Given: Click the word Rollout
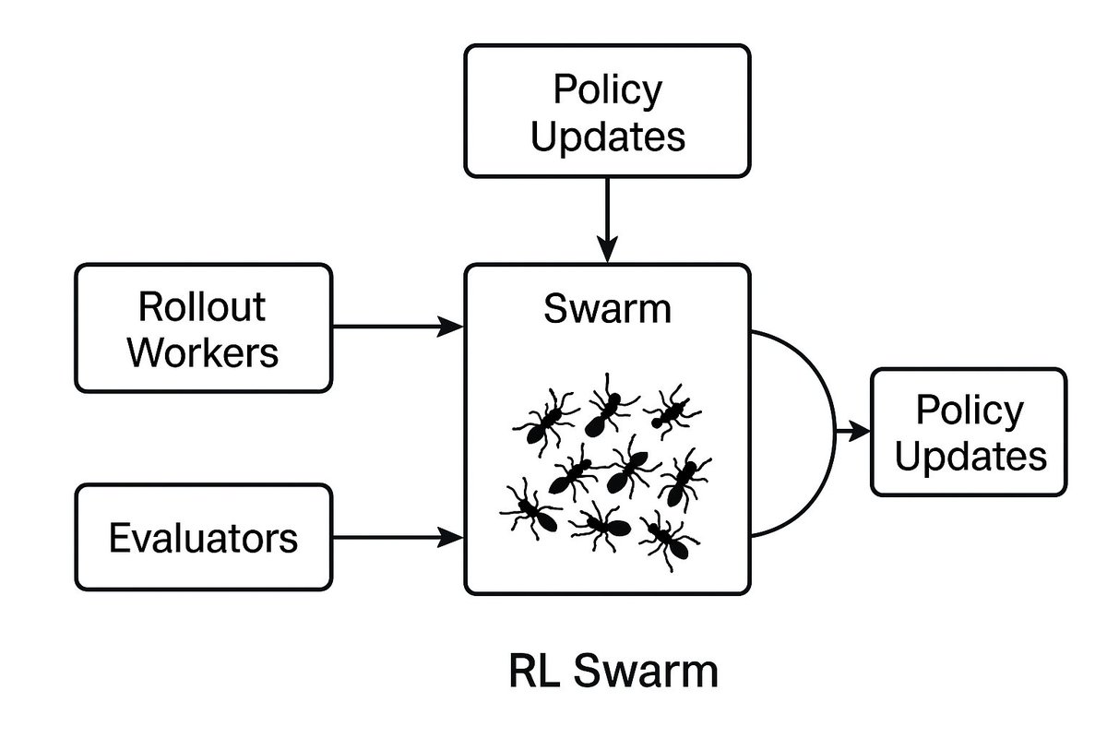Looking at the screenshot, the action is pyautogui.click(x=202, y=306).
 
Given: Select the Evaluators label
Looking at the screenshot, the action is pyautogui.click(x=203, y=538).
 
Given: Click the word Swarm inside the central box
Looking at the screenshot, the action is pyautogui.click(x=607, y=309).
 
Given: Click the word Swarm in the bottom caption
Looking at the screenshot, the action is pyautogui.click(x=646, y=671).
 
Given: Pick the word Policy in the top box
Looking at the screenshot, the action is pyautogui.click(x=607, y=90).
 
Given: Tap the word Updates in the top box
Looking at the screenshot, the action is pyautogui.click(x=607, y=137).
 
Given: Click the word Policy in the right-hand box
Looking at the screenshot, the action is pyautogui.click(x=970, y=411).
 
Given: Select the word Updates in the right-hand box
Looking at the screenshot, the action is pyautogui.click(x=970, y=456).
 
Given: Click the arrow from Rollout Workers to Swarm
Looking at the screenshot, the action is pyautogui.click(x=398, y=327).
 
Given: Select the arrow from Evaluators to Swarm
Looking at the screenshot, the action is pyautogui.click(x=398, y=537).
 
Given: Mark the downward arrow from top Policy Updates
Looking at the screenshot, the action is pyautogui.click(x=607, y=220).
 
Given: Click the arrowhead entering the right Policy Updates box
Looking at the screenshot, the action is pyautogui.click(x=860, y=432).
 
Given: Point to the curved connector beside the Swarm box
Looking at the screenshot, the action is pyautogui.click(x=834, y=433).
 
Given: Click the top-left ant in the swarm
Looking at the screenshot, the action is pyautogui.click(x=545, y=422).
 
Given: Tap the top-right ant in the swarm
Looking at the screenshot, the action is pyautogui.click(x=672, y=411).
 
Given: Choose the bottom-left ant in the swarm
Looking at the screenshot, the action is pyautogui.click(x=530, y=509).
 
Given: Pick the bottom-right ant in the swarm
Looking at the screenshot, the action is pyautogui.click(x=670, y=540).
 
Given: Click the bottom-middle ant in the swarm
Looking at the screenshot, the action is pyautogui.click(x=601, y=526).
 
